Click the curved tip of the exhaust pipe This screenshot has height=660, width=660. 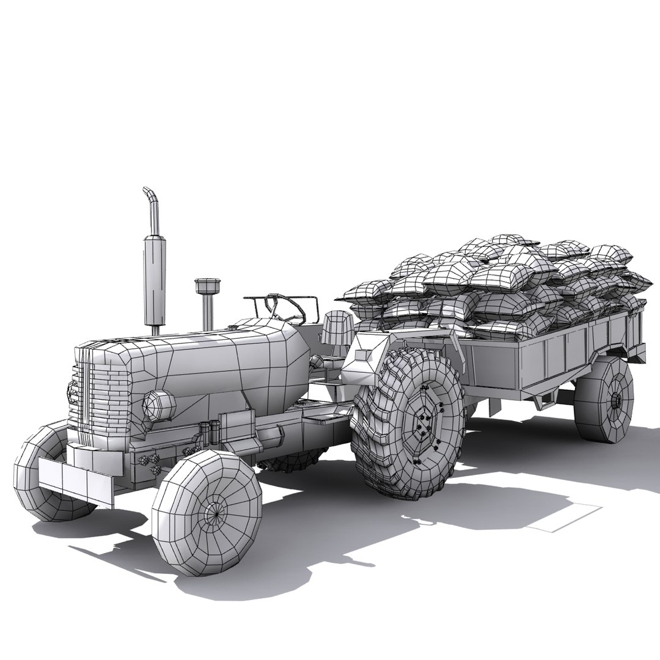[149, 194]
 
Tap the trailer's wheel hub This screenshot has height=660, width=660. [617, 400]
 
